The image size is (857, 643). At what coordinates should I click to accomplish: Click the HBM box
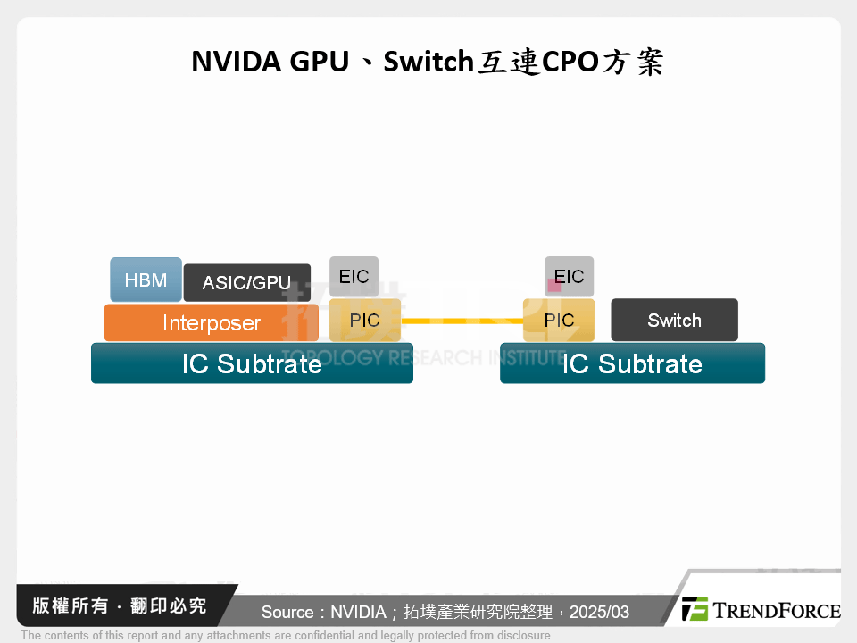146,280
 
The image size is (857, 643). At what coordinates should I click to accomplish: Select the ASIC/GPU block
246,282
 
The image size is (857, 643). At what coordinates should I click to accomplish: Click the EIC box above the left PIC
354,276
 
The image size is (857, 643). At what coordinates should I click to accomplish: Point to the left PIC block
364,321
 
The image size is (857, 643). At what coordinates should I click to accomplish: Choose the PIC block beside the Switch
559,321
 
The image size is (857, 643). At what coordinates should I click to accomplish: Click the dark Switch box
674,320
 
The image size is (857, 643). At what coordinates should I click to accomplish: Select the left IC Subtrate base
252,363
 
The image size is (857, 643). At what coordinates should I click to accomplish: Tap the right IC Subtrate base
632,363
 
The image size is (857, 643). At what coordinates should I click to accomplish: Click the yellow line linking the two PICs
462,321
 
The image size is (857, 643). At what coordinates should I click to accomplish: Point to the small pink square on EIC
553,285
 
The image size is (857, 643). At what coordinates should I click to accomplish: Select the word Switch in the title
427,63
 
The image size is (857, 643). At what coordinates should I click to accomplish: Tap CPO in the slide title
569,63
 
